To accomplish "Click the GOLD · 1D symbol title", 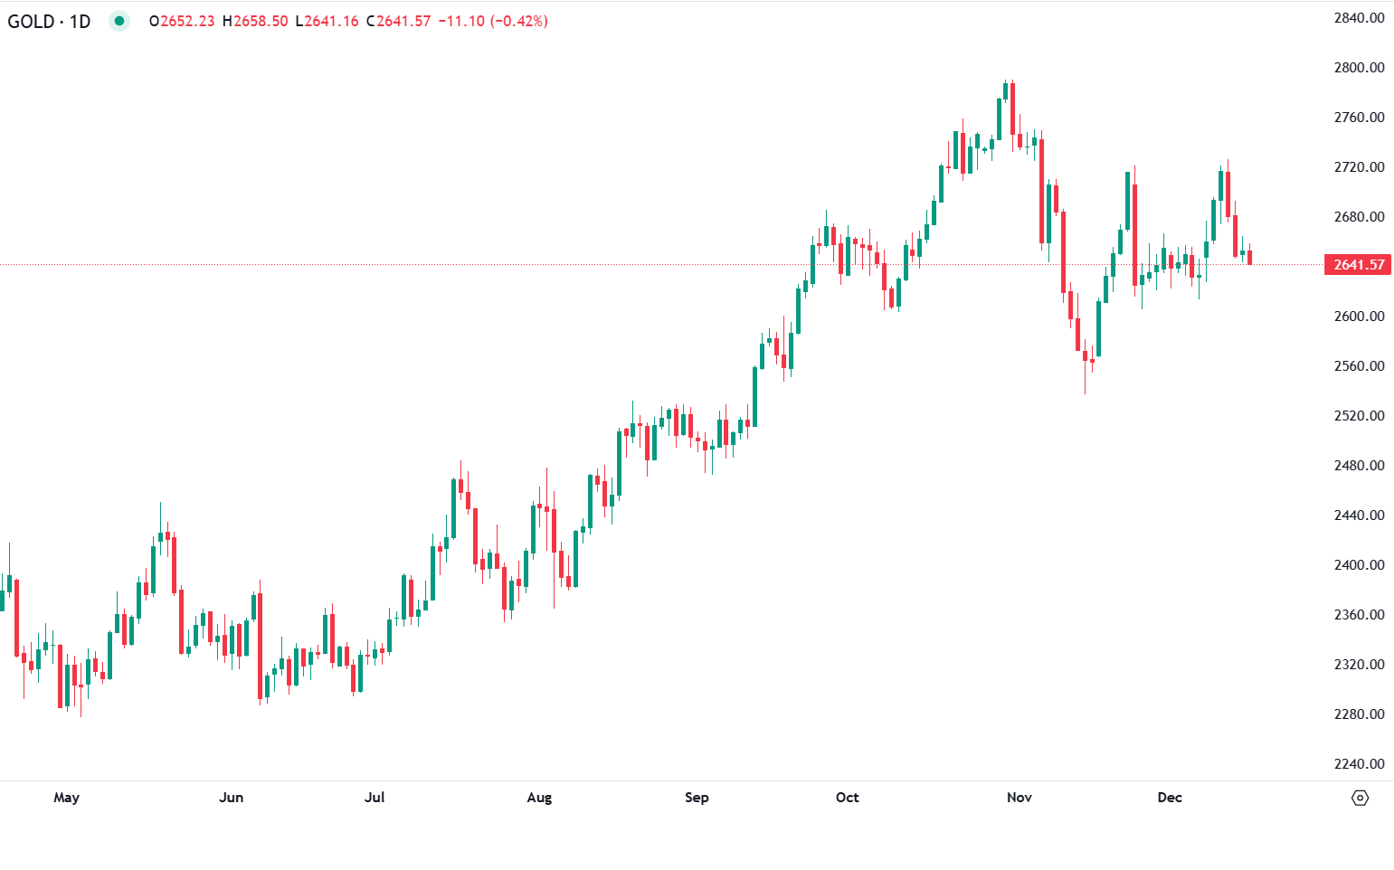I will coord(49,21).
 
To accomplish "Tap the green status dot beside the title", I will coord(119,21).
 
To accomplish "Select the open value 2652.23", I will coord(187,21).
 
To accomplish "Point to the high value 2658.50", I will coord(261,21).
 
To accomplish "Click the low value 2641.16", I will coord(331,21).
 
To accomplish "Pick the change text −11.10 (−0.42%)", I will coord(493,21).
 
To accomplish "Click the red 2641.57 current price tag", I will coord(1358,264).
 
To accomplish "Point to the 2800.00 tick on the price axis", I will coord(1359,68).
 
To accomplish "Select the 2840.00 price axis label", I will coord(1359,18).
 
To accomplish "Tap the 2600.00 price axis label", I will coord(1359,317).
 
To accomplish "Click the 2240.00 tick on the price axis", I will coord(1359,764).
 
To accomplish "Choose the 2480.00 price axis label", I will coord(1359,466).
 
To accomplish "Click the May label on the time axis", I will coord(66,798).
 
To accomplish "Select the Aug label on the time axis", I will coord(539,798).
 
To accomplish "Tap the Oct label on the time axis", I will coord(847,798).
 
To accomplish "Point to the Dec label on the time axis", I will coord(1170,798).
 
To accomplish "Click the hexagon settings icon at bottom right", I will coord(1360,798).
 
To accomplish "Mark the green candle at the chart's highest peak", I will coord(1005,90).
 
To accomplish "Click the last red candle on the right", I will coord(1249,258).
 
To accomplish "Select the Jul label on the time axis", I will coord(375,798).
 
